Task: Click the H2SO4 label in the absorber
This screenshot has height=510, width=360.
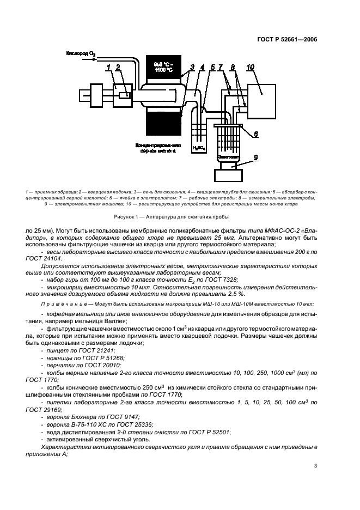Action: pos(199,148)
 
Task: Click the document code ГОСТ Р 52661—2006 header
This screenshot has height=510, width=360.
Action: pos(286,39)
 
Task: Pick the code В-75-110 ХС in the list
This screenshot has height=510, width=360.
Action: pos(86,424)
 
